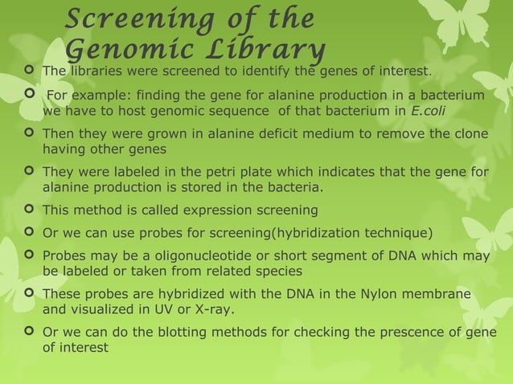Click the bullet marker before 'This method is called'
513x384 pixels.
tap(30, 210)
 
